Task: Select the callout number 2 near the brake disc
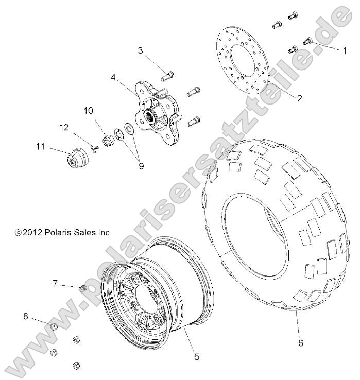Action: (x=299, y=99)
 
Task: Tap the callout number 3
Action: (x=140, y=50)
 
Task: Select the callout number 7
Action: (x=55, y=282)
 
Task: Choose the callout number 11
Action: (x=39, y=147)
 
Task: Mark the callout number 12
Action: (x=64, y=127)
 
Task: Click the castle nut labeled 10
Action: (x=109, y=140)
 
